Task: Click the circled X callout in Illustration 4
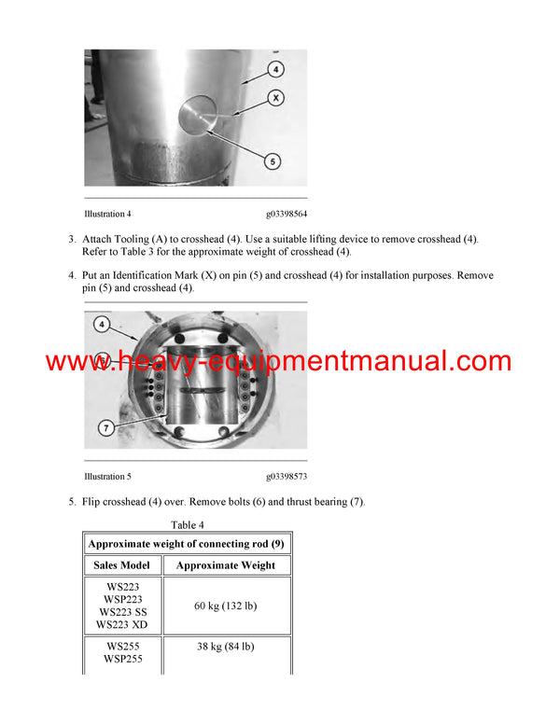tap(277, 97)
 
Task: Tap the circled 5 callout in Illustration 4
tap(273, 160)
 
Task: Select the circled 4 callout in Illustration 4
tap(277, 68)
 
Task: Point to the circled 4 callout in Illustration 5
tap(101, 326)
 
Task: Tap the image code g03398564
tap(287, 213)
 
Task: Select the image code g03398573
tap(287, 476)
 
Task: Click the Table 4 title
tap(188, 524)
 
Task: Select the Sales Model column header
tap(123, 564)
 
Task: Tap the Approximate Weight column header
tap(226, 564)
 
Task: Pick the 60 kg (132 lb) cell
tap(226, 606)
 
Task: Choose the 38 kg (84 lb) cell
tap(226, 647)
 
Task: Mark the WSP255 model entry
tap(123, 658)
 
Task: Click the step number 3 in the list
tap(72, 239)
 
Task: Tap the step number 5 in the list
tap(72, 502)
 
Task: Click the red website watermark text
tap(278, 362)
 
